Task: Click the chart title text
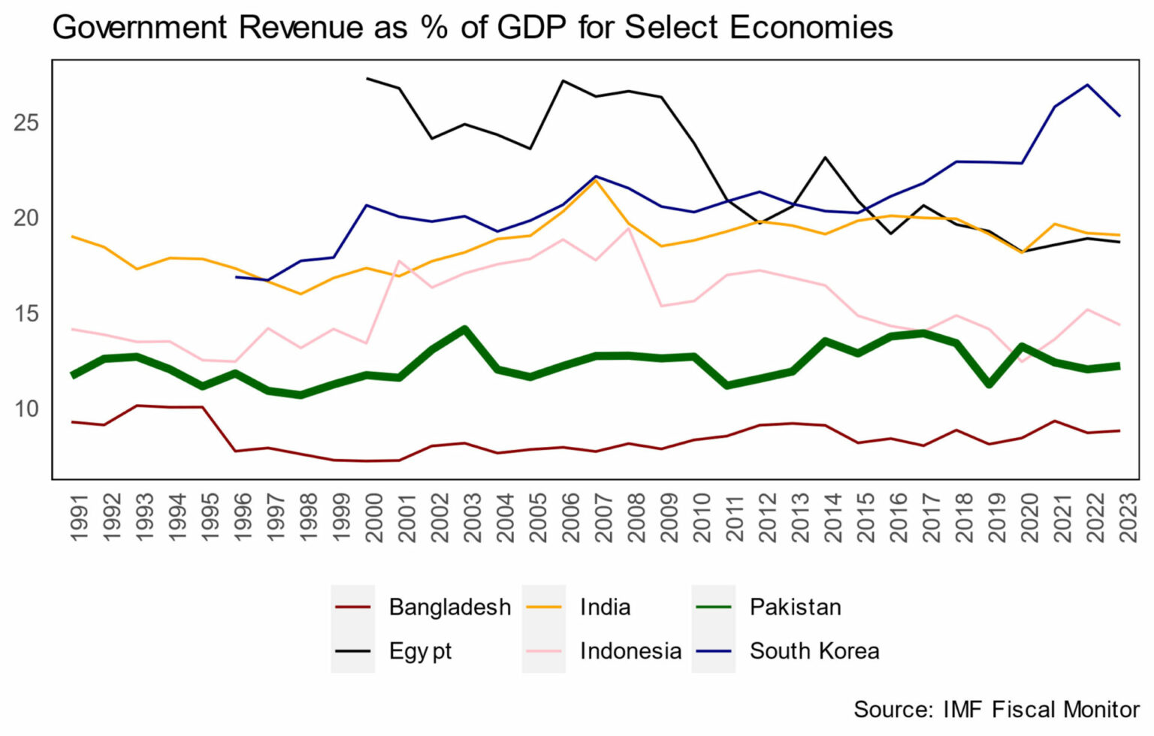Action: (x=472, y=28)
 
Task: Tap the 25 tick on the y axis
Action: (x=26, y=122)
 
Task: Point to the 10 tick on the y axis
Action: (x=26, y=409)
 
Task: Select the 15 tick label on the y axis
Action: (x=26, y=313)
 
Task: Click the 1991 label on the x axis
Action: (x=79, y=517)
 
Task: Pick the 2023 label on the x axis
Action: (x=1128, y=517)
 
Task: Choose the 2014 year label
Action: (x=833, y=517)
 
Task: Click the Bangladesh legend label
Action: (x=449, y=607)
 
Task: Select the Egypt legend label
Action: (x=420, y=651)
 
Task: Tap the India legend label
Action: (x=605, y=607)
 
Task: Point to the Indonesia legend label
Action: (x=630, y=651)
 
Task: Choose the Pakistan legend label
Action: (x=795, y=607)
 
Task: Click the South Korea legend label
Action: (x=814, y=651)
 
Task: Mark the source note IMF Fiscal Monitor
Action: (x=996, y=710)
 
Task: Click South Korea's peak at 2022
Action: (x=1087, y=85)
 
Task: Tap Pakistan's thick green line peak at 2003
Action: (x=465, y=329)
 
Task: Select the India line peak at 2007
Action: (x=596, y=180)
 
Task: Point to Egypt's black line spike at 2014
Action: (x=826, y=158)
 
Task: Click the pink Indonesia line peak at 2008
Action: (x=629, y=228)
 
